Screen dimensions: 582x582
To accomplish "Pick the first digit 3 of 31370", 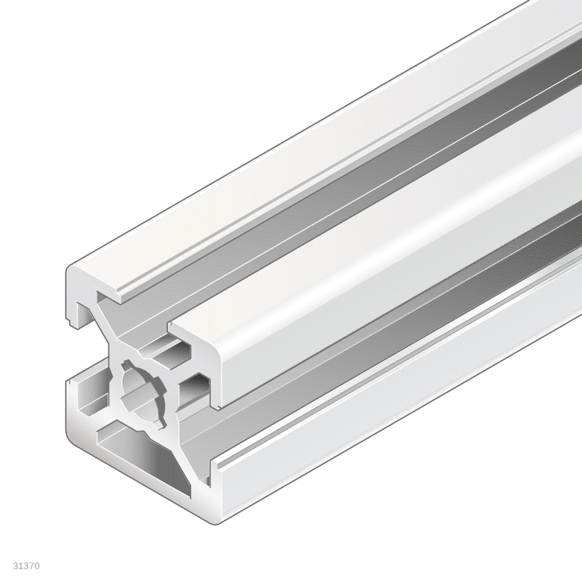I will (x=17, y=567).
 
